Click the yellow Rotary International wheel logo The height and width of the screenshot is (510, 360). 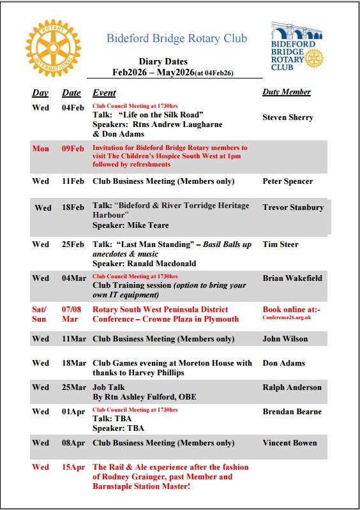[x=54, y=48]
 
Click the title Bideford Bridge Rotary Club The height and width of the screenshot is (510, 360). [x=176, y=38]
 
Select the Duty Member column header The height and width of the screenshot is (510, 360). [x=287, y=92]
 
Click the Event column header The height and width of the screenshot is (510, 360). [x=104, y=93]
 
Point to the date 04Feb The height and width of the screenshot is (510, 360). [x=73, y=107]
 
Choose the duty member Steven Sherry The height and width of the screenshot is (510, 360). [x=288, y=117]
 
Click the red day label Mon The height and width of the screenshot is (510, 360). [x=40, y=149]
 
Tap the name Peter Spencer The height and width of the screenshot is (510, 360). [x=288, y=181]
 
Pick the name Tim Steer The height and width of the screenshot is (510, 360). [x=280, y=244]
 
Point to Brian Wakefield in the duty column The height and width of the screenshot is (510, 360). [x=292, y=278]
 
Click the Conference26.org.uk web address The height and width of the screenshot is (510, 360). [x=286, y=317]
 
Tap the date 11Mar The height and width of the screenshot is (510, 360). [x=73, y=339]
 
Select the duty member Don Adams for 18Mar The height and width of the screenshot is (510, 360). [x=283, y=363]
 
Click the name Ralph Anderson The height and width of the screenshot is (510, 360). [x=292, y=387]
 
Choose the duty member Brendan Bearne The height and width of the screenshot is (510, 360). [x=292, y=412]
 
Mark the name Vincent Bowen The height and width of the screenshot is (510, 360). [x=290, y=443]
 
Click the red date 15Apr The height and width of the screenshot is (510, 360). [x=73, y=467]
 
